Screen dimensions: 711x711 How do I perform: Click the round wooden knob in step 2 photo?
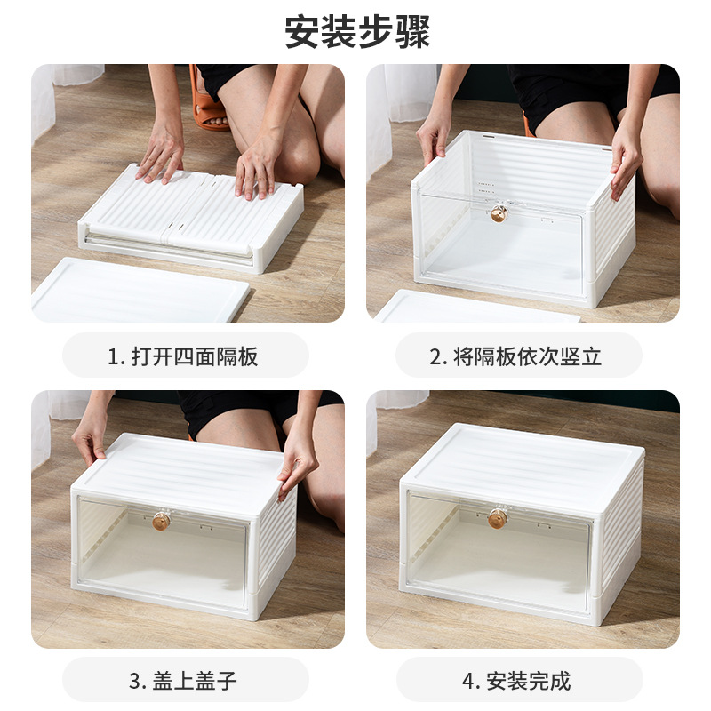pyautogui.click(x=500, y=213)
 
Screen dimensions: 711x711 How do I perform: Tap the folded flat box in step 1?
pyautogui.click(x=191, y=218)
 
